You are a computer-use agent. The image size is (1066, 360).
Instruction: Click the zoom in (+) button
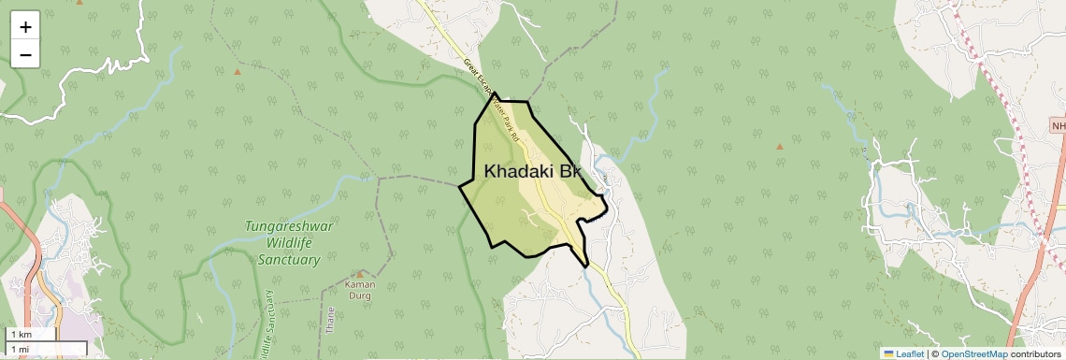pyautogui.click(x=25, y=27)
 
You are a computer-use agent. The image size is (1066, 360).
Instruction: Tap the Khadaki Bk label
pyautogui.click(x=533, y=172)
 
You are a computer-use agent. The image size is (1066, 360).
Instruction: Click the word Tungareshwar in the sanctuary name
pyautogui.click(x=289, y=226)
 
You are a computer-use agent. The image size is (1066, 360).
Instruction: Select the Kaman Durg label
pyautogui.click(x=360, y=290)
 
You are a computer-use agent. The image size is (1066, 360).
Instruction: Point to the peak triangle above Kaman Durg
pyautogui.click(x=360, y=274)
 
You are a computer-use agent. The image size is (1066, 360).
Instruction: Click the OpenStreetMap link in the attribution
pyautogui.click(x=973, y=353)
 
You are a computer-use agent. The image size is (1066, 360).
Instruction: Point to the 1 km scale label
pyautogui.click(x=21, y=335)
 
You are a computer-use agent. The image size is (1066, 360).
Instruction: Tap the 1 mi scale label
pyautogui.click(x=20, y=349)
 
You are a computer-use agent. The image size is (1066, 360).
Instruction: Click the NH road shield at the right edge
pyautogui.click(x=1058, y=126)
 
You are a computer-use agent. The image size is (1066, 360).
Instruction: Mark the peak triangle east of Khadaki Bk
pyautogui.click(x=779, y=146)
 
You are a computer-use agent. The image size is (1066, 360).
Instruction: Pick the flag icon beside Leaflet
pyautogui.click(x=888, y=353)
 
